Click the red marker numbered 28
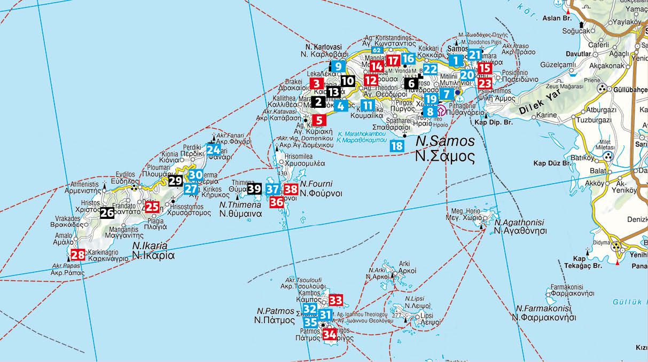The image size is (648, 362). pos(77,255)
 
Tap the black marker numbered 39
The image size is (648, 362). pos(254,188)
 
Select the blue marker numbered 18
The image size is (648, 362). pos(396,146)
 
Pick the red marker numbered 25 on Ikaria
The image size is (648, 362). pos(152,207)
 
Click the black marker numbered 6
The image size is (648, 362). pos(411,83)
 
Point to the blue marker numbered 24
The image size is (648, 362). pos(213,149)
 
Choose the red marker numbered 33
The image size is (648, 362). pos(335,300)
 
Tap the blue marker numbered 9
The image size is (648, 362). pos(338,67)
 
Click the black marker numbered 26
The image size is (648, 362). pos(107,213)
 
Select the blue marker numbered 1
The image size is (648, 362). pos(455,60)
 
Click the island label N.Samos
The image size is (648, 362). pos(445,141)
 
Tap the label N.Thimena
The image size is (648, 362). pos(240,204)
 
